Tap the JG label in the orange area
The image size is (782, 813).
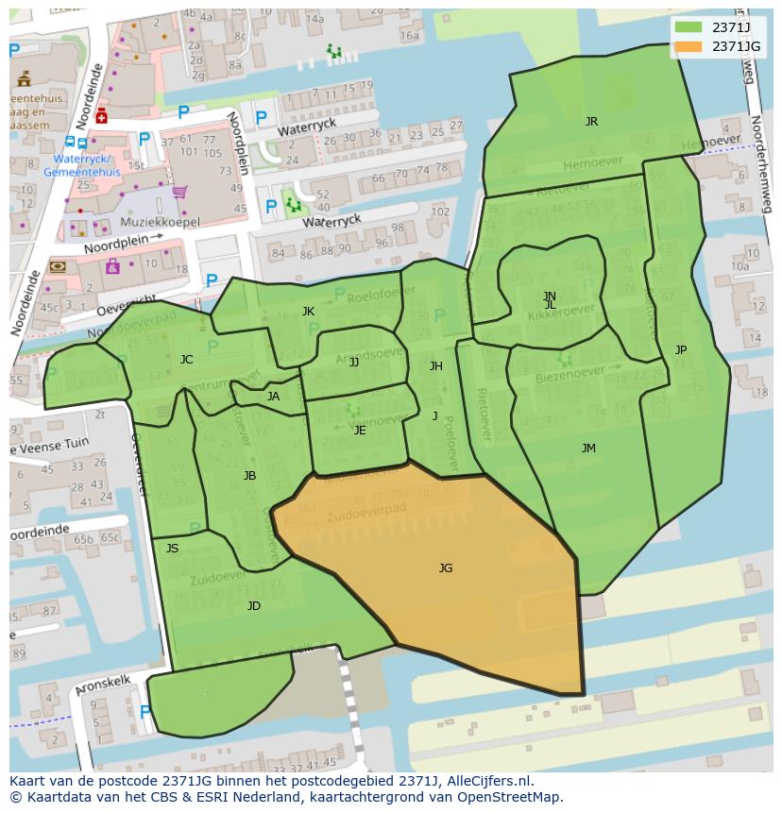(446, 567)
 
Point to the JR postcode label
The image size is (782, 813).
(591, 122)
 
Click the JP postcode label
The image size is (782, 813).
(681, 350)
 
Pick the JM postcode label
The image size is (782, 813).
(588, 449)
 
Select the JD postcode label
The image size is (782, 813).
(254, 606)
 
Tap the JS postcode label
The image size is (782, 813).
(172, 549)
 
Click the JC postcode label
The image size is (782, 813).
(186, 360)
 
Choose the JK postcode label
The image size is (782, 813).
(308, 312)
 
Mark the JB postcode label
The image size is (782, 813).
(249, 476)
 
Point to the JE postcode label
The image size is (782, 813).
(360, 431)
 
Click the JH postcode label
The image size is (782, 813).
(435, 366)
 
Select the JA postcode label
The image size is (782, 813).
(273, 397)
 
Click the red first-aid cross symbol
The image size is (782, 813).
(101, 115)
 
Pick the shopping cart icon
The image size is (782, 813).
(178, 193)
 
